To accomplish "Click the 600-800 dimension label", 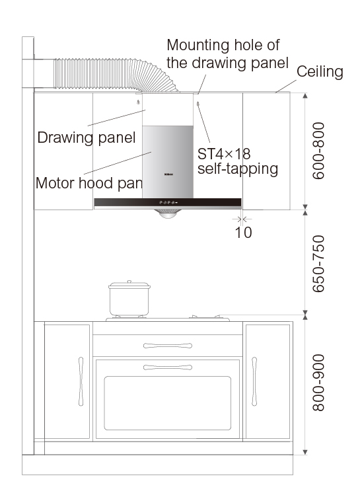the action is (x=318, y=151).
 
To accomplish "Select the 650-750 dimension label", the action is (x=318, y=264).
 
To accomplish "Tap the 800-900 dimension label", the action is (x=318, y=383).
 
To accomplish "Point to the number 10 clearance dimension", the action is (x=243, y=233).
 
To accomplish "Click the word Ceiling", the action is (x=320, y=71).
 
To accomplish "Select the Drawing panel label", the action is (x=87, y=137).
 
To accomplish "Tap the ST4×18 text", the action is (x=224, y=154).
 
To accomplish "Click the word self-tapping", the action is (x=238, y=169).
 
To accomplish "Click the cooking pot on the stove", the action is (x=129, y=299).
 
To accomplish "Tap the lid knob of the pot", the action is (x=129, y=282).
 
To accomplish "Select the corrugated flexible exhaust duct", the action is (x=116, y=75).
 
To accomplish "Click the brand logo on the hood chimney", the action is (x=168, y=174).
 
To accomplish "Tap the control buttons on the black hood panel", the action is (x=168, y=202).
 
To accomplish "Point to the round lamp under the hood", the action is (x=168, y=214).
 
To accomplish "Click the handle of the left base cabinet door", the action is (x=81, y=381).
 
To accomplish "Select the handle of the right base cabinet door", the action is (x=254, y=381).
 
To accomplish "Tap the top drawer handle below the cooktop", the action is (x=168, y=346).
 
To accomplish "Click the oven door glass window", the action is (x=167, y=403).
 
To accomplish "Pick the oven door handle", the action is (x=168, y=367).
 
